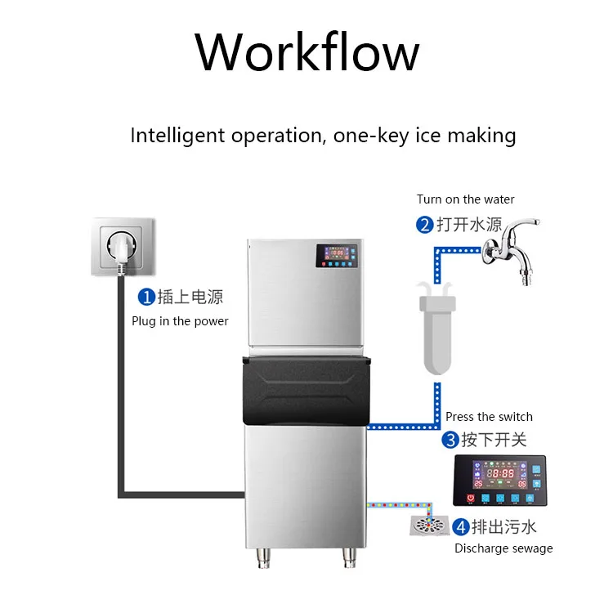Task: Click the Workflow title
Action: coord(306,51)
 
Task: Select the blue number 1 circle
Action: coord(145,297)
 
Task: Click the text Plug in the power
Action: coord(180,321)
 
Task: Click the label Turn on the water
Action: coord(465,199)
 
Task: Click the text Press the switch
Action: coord(489,417)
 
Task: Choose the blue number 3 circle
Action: coord(450,441)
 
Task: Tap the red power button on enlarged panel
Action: coord(471,496)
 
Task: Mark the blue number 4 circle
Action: coord(462,527)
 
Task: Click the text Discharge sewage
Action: coord(503,548)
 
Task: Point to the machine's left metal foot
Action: coord(264,559)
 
